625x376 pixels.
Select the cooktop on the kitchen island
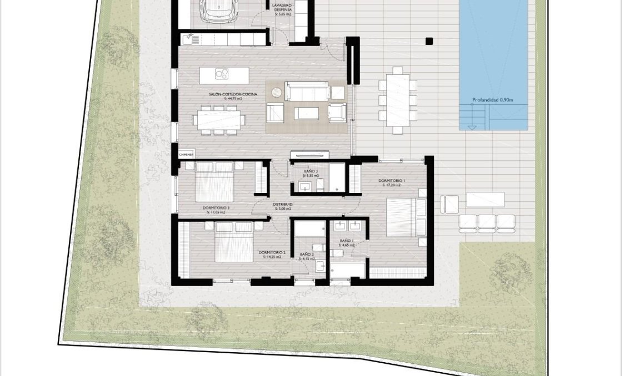[223, 73]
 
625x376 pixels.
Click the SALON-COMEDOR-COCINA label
[225, 95]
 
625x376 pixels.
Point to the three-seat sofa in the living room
[307, 91]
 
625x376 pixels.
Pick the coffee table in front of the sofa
[307, 113]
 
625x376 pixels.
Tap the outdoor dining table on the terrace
[398, 100]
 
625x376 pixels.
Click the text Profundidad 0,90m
[492, 100]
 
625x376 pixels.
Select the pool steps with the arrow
[473, 118]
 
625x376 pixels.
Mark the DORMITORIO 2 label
[272, 252]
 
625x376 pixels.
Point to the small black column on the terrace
[428, 40]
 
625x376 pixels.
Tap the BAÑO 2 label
[307, 255]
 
